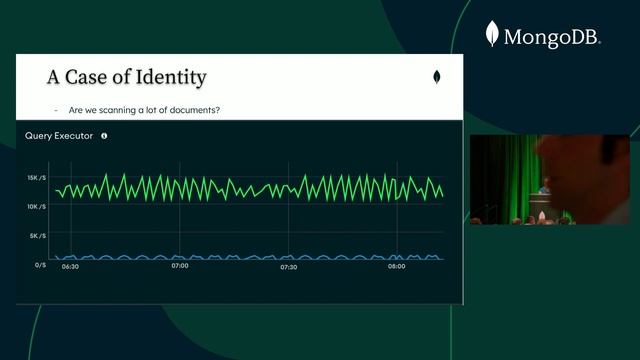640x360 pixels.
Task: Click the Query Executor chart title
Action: (59, 135)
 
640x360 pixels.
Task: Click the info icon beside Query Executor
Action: (104, 135)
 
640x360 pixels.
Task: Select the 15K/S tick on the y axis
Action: (36, 178)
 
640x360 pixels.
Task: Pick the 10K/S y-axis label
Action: (36, 207)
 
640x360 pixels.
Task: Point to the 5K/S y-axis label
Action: (37, 236)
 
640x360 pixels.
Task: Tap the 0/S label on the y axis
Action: (40, 265)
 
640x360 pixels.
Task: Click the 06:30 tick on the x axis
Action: (70, 267)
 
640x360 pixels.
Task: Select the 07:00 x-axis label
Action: (180, 267)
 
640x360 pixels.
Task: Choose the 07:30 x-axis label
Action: (288, 267)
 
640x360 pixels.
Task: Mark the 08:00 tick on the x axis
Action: (397, 267)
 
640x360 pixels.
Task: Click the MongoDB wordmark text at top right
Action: (552, 38)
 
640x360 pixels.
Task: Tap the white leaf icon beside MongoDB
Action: (492, 35)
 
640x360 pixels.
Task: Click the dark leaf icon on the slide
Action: (436, 77)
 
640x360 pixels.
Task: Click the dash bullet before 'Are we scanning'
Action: (56, 109)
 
